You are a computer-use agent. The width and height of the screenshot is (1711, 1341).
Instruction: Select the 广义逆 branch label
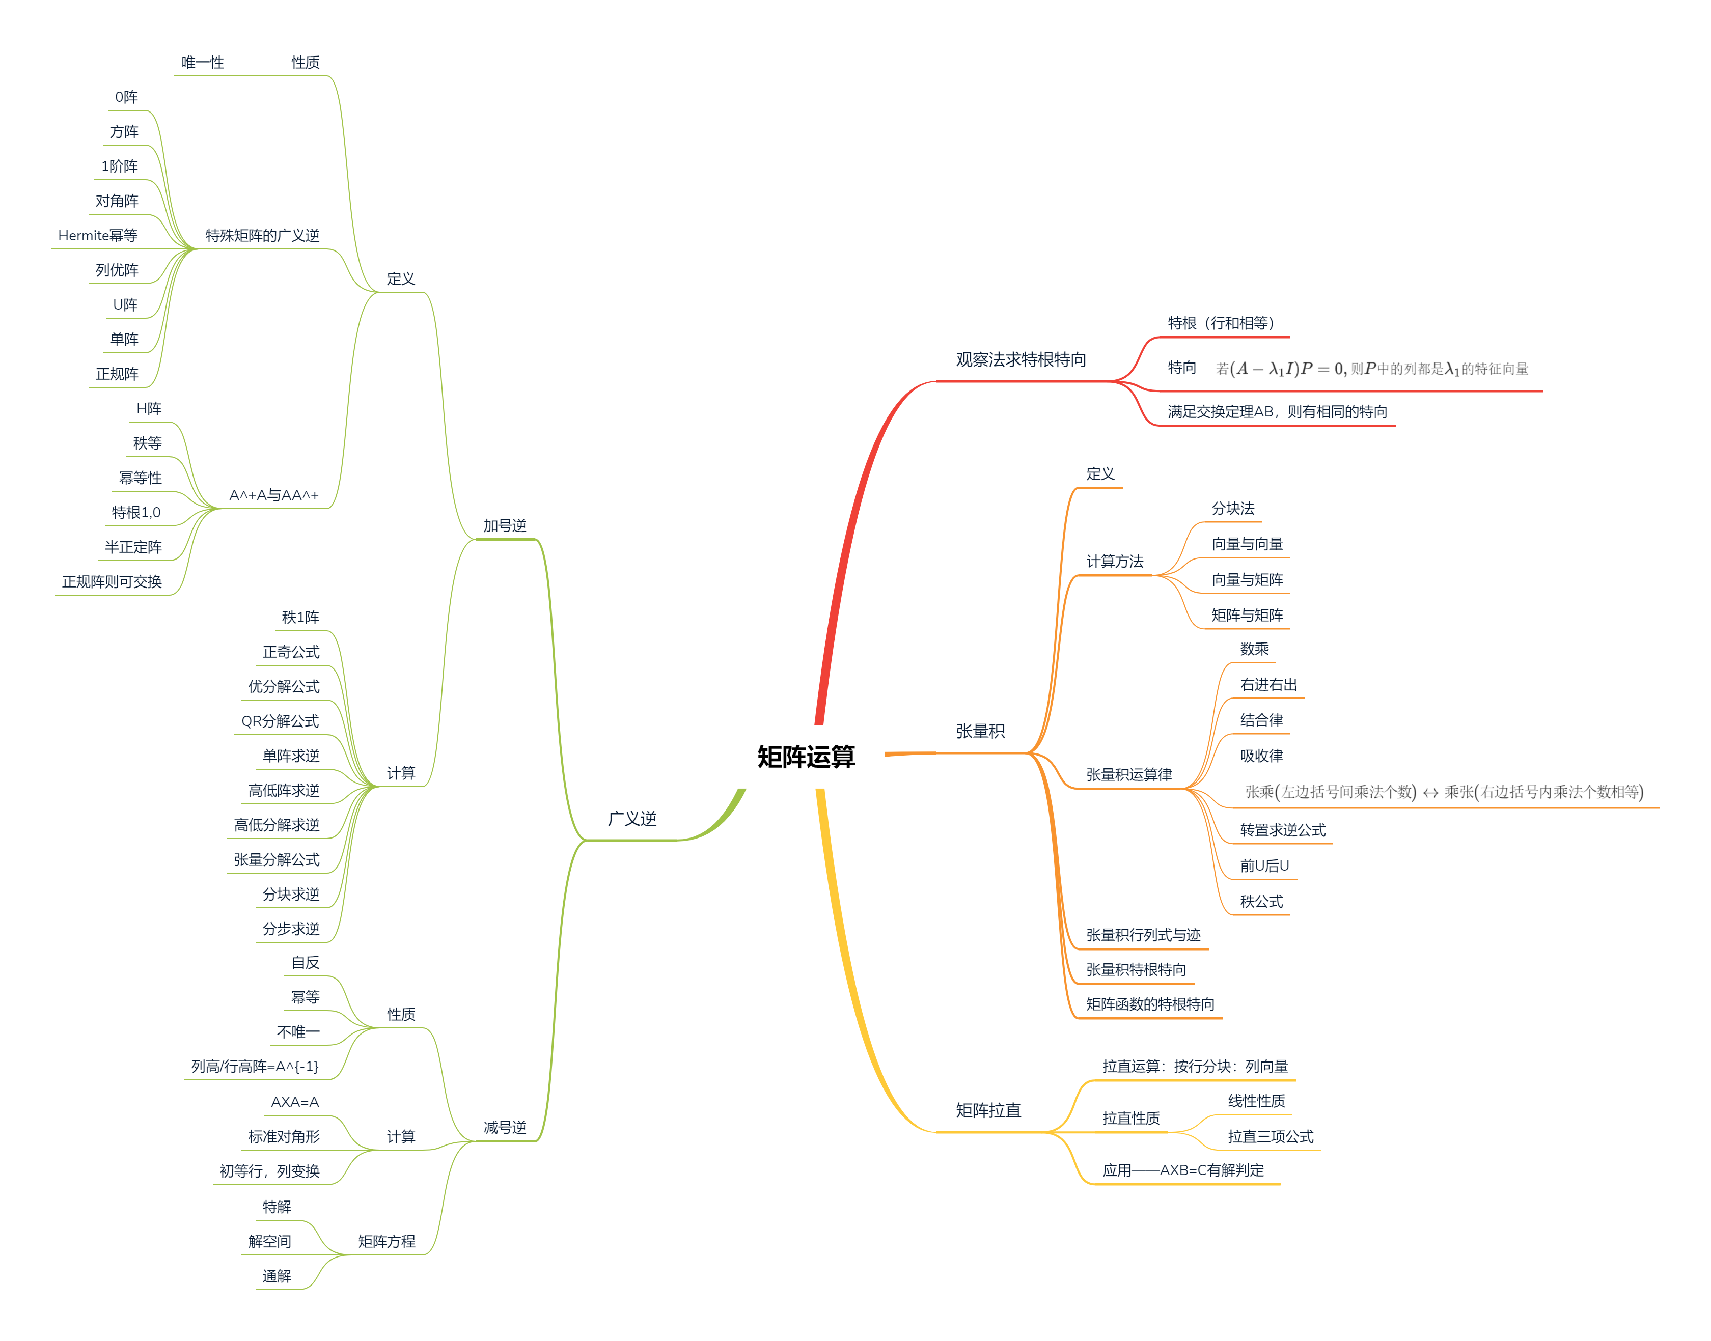631,819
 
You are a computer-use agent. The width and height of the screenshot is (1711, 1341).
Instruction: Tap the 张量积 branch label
980,731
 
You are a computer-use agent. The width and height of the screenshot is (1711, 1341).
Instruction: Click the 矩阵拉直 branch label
988,1110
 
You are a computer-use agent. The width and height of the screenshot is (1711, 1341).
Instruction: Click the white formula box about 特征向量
1370,368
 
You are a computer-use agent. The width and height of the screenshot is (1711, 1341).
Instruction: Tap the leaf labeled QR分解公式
280,721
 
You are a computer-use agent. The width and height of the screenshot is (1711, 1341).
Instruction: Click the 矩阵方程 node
387,1241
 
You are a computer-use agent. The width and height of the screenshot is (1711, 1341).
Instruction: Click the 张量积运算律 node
1128,775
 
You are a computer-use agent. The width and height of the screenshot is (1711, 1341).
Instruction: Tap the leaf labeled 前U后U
1264,866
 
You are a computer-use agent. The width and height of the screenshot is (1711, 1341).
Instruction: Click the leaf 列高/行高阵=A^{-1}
255,1066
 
